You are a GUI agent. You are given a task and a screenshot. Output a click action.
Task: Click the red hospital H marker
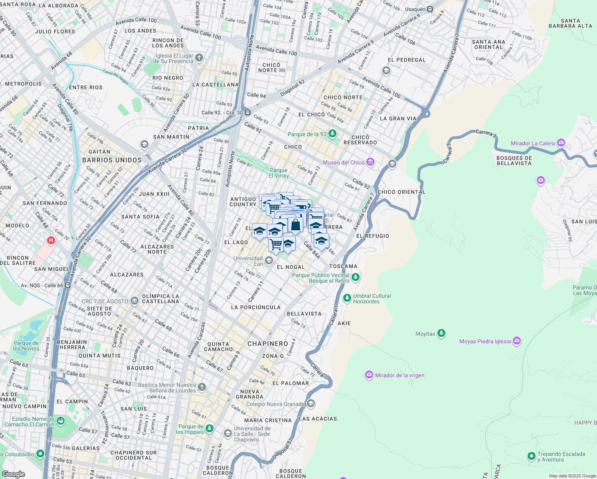pos(51,240)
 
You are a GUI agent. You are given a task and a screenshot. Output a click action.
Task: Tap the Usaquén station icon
pos(430,9)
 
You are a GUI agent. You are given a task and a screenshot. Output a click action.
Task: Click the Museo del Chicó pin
pos(370,162)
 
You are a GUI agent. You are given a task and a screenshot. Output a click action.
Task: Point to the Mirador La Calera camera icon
pos(561,143)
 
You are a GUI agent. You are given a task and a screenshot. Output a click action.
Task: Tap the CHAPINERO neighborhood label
pos(267,344)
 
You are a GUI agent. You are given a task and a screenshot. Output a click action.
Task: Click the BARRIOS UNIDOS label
pos(112,160)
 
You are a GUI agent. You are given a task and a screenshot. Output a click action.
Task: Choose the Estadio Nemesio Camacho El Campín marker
pos(61,421)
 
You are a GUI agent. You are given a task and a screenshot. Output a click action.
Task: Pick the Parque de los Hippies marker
pos(210,429)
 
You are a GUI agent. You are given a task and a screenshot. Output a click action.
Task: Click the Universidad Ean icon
pos(269,261)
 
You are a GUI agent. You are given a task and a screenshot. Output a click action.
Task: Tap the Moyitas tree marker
pos(441,333)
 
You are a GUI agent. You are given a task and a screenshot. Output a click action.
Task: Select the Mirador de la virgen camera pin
pos(369,375)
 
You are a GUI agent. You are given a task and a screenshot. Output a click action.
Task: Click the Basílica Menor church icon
pos(202,387)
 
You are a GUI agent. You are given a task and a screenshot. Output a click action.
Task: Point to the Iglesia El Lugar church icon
pos(199,58)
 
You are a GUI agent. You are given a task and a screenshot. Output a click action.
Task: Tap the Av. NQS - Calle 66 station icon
pos(68,285)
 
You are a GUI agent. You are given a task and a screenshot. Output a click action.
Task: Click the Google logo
pos(13,474)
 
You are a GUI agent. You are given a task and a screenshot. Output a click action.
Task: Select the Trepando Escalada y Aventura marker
pos(531,456)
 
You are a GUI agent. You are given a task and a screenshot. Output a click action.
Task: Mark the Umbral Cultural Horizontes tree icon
pos(347,298)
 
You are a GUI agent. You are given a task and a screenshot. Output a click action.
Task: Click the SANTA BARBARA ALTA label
pos(570,23)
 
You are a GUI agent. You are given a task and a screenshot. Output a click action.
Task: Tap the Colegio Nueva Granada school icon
pos(311,404)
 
